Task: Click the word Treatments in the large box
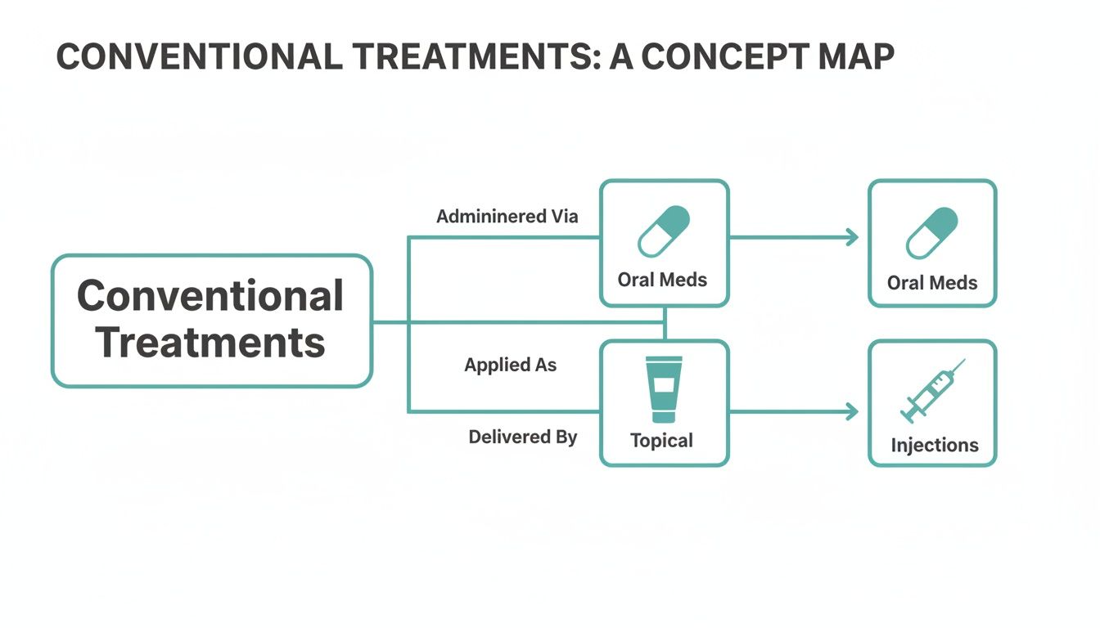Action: pos(210,341)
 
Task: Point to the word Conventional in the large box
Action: pos(210,295)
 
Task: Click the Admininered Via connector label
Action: pos(507,217)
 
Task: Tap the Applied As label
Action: pos(510,365)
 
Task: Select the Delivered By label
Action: pos(522,437)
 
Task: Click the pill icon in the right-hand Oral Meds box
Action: pos(931,233)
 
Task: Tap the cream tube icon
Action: pos(664,388)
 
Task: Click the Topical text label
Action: pos(661,441)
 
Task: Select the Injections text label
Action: pos(934,445)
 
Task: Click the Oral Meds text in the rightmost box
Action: pos(932,283)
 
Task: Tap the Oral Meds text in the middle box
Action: pos(662,280)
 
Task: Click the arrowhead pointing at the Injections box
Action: pos(852,411)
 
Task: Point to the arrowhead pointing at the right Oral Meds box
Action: pos(852,237)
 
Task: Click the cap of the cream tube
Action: pos(664,361)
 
